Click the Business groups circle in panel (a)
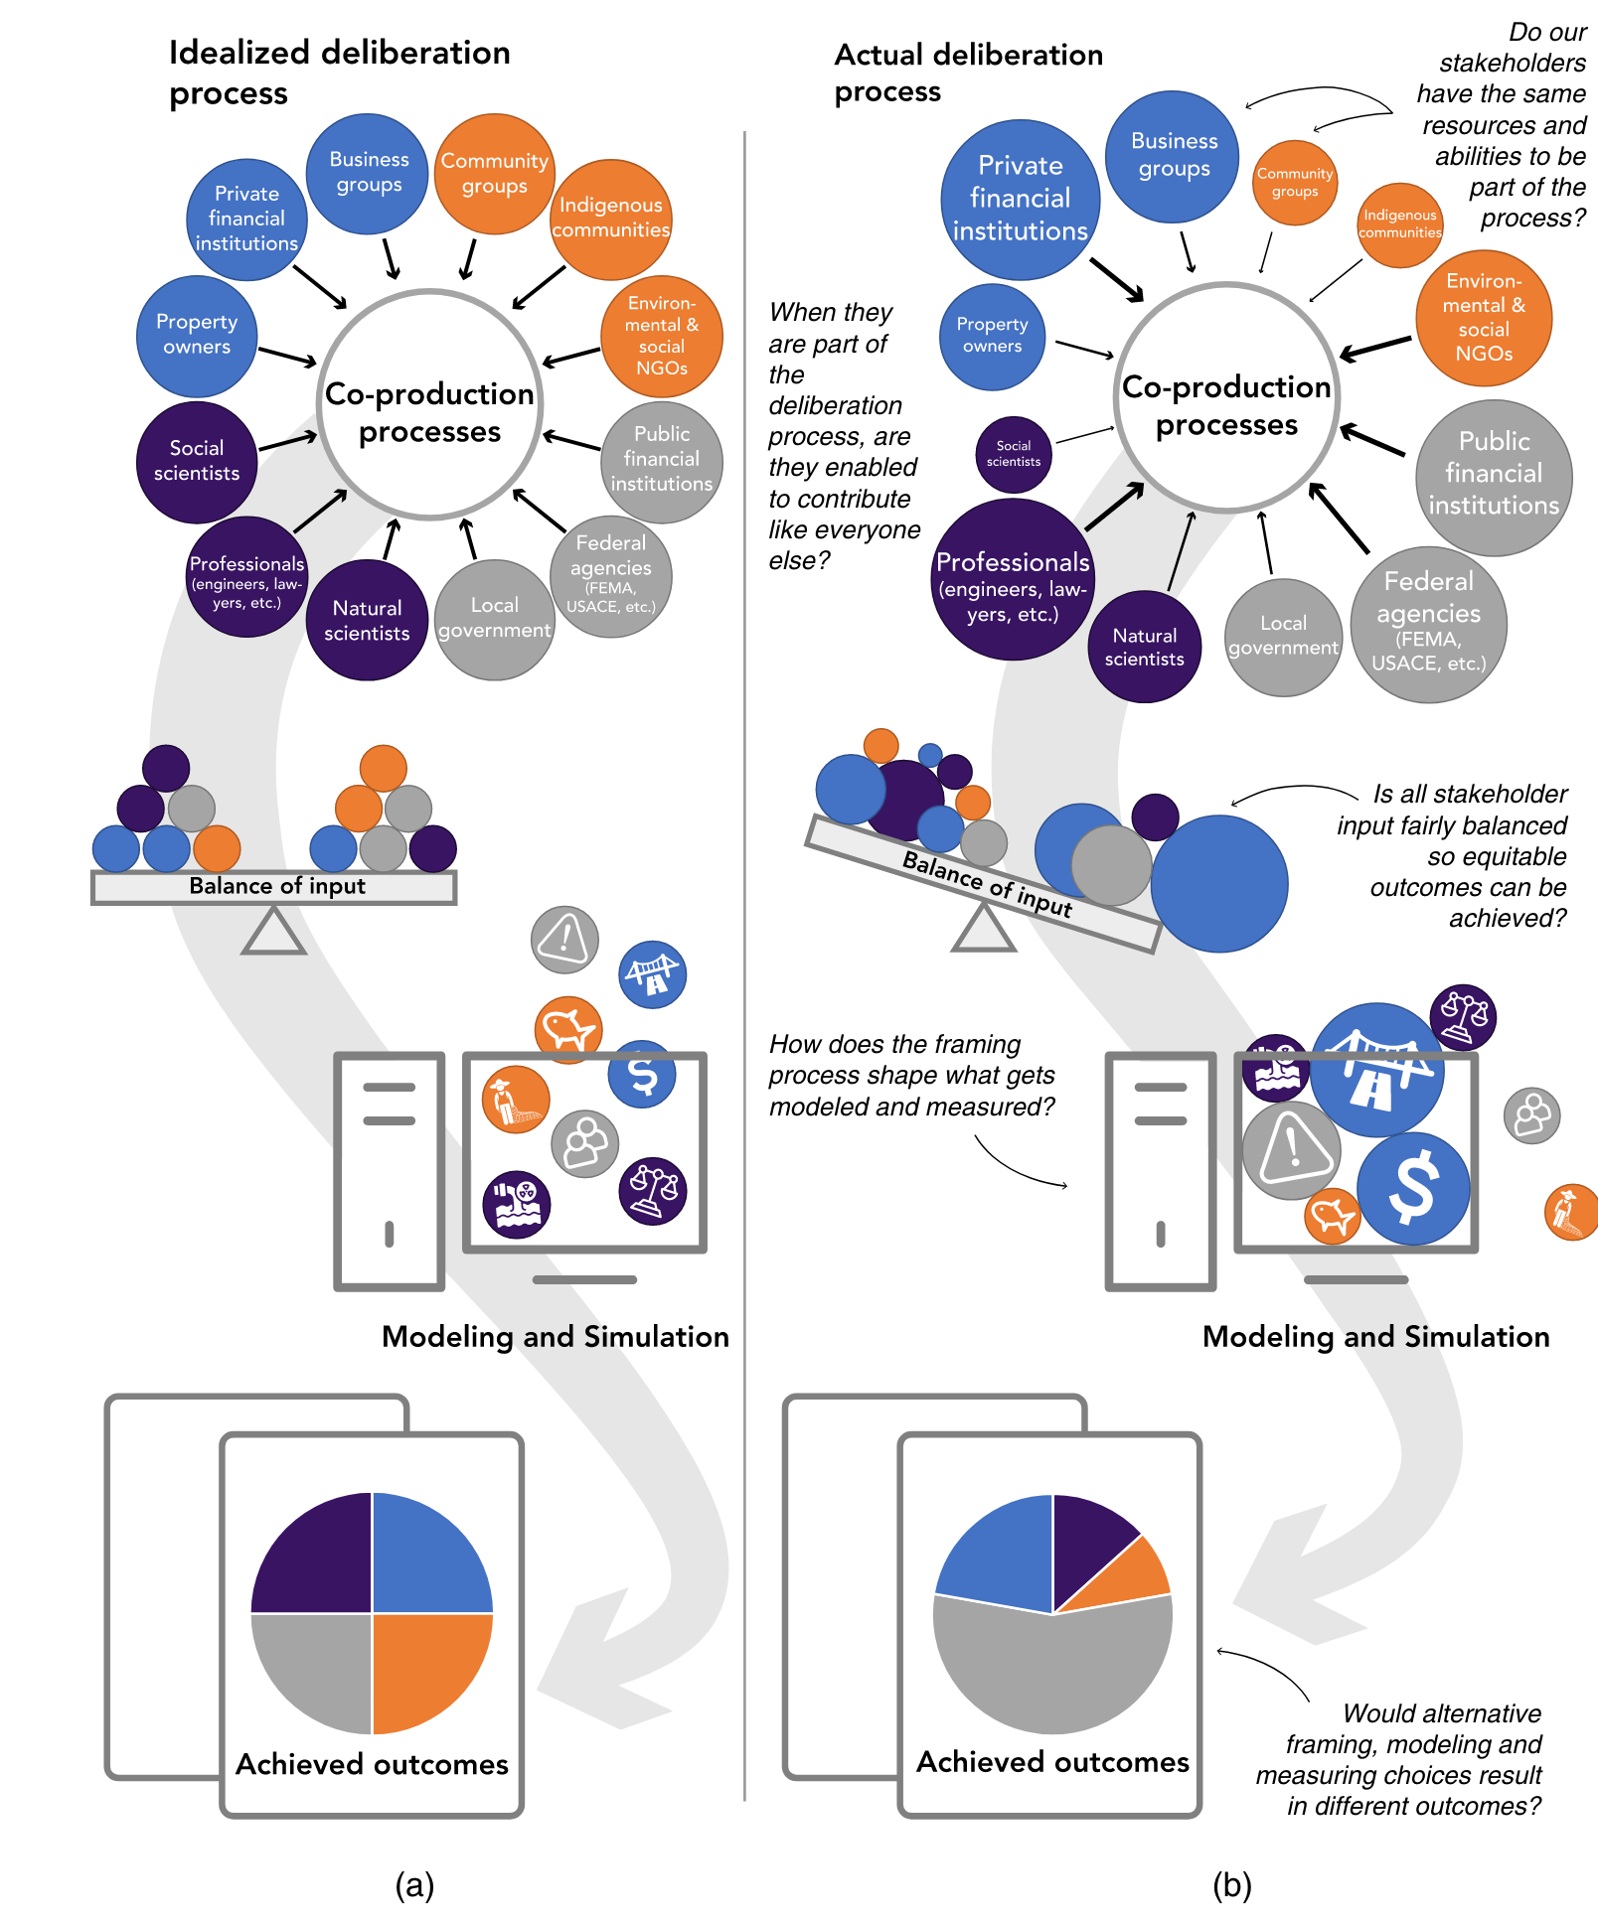[x=369, y=174]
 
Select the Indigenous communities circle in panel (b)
[x=1400, y=224]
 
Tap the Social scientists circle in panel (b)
[x=1014, y=455]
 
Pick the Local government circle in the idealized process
[x=494, y=620]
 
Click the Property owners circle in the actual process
[x=992, y=336]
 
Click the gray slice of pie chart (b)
[x=1053, y=1669]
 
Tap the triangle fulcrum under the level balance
[x=273, y=933]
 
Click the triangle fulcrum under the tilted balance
[x=983, y=931]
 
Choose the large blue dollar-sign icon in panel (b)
[x=1413, y=1188]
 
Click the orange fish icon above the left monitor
[x=568, y=1027]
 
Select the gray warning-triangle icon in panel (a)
[x=564, y=939]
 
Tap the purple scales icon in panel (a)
[x=653, y=1190]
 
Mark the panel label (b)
[x=1231, y=1884]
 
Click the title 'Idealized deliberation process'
[x=339, y=72]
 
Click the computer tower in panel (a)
[x=389, y=1170]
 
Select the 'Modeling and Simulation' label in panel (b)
[x=1375, y=1336]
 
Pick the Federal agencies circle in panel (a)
[x=611, y=575]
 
